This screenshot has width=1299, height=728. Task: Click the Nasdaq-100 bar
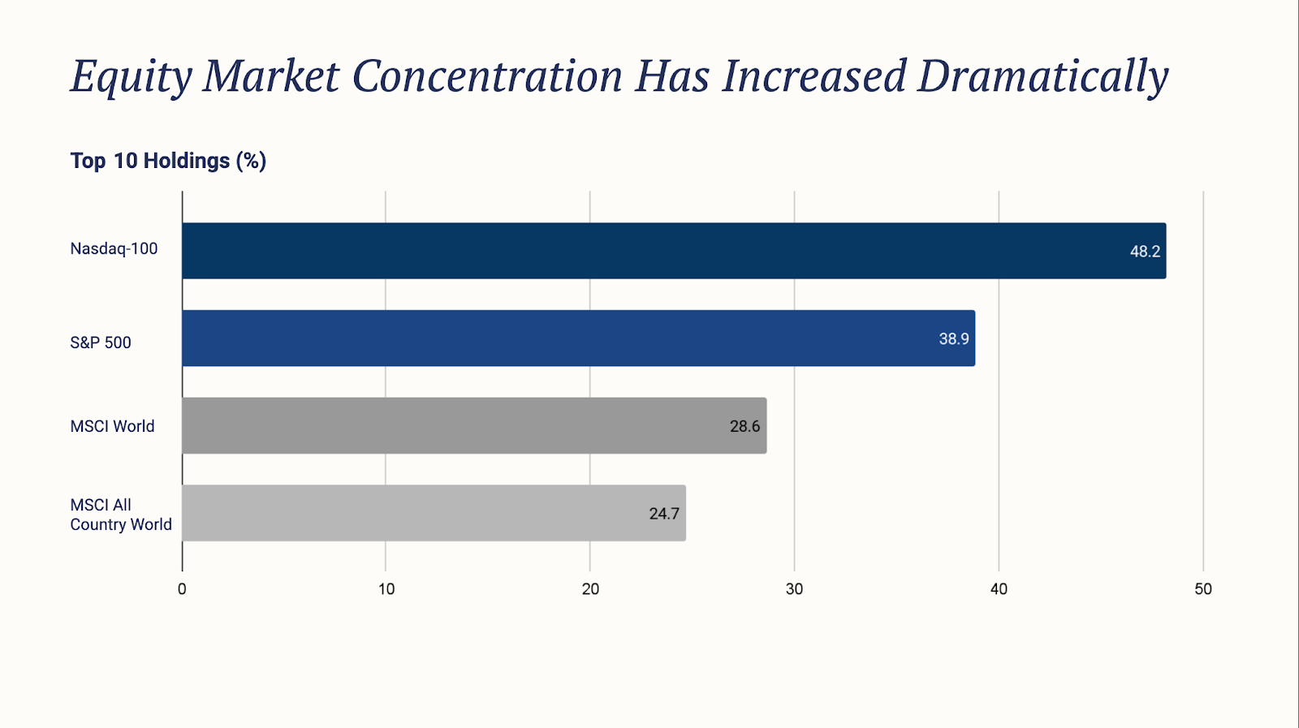pos(674,251)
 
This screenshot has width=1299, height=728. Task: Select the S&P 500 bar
pos(578,338)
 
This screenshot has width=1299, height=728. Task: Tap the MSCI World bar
pos(474,425)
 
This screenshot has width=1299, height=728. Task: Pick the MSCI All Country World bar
pos(434,513)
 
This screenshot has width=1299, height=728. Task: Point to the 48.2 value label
pos(1145,252)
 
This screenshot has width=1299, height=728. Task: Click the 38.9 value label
pos(954,339)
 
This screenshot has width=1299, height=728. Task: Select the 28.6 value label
pos(744,426)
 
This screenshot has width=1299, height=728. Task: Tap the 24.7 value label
pos(664,514)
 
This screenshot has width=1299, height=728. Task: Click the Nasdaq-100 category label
pos(114,249)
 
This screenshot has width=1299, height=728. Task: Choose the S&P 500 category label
pos(101,342)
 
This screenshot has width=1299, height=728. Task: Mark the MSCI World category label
pos(112,426)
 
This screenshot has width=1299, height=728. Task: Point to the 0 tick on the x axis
pos(182,589)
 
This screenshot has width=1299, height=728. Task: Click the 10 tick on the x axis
pos(386,589)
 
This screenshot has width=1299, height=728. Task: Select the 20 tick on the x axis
pos(590,589)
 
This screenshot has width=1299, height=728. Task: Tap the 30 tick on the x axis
pos(794,589)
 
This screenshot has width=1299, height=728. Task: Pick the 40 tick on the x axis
pos(999,589)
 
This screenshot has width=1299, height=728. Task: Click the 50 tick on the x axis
pos(1203,589)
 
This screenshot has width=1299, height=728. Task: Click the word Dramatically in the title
pos(1042,77)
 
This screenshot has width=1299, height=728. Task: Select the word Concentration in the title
pos(486,77)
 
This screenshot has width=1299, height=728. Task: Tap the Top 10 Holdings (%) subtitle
pos(168,161)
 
